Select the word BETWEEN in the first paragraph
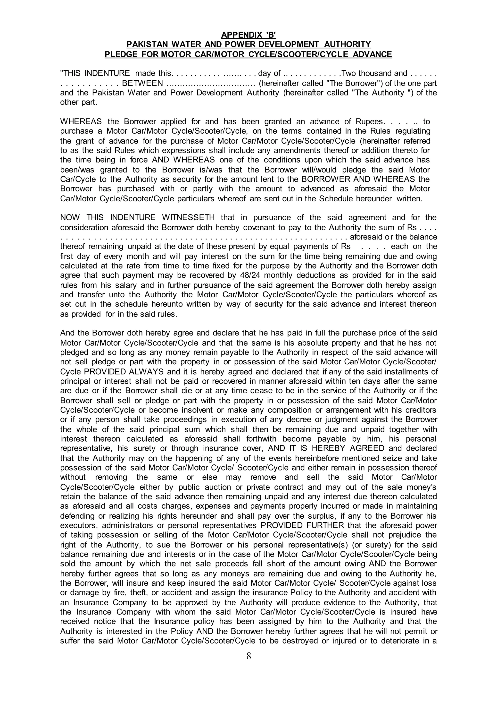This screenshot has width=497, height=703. point(143,83)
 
